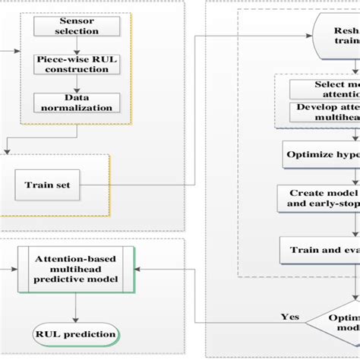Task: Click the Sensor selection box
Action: (x=77, y=27)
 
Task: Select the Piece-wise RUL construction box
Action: (x=77, y=65)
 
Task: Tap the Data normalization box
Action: (x=77, y=103)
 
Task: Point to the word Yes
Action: (x=289, y=317)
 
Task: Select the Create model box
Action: (x=319, y=197)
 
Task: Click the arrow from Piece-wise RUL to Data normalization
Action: (x=77, y=84)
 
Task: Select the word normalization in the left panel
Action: (x=77, y=109)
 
